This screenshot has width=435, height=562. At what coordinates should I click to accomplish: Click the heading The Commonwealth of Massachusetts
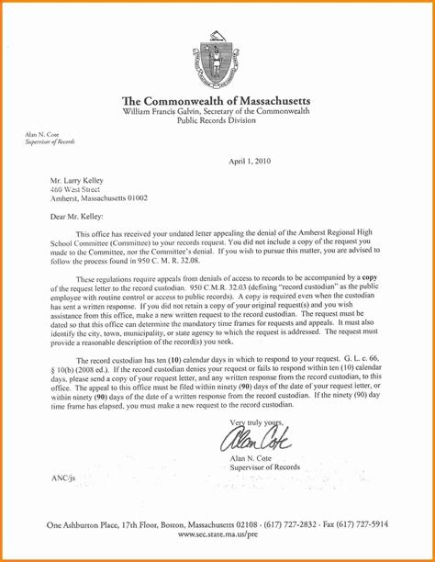[217, 100]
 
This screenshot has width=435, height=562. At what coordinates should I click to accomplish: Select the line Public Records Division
[217, 119]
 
